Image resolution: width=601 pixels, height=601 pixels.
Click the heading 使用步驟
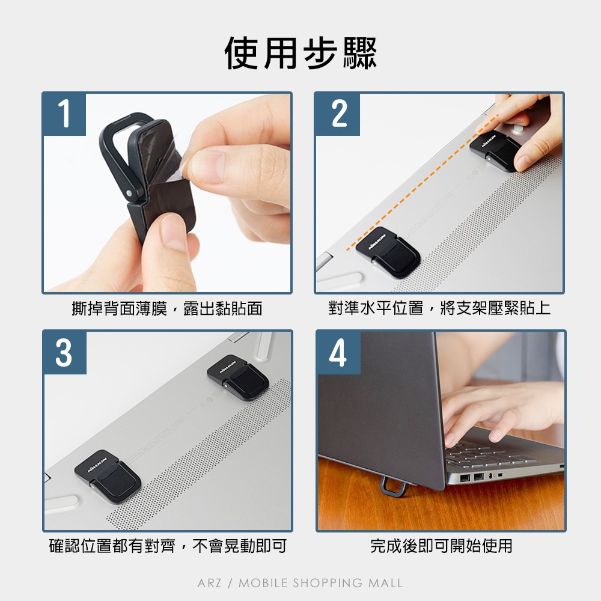coord(300,53)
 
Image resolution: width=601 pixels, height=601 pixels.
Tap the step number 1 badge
coord(64,114)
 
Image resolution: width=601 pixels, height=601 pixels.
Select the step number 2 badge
coord(338,114)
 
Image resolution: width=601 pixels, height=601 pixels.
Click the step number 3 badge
coord(64,353)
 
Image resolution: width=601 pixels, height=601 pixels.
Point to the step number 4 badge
coord(338,353)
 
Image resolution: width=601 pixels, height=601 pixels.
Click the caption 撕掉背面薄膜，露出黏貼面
coord(167,308)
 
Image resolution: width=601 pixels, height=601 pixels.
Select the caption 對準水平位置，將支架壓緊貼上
coord(439,308)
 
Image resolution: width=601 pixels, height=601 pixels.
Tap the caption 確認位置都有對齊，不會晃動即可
coord(168,546)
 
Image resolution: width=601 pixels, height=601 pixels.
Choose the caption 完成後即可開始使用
coord(441,546)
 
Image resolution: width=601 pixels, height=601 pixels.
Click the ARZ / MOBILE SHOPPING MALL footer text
coord(300,583)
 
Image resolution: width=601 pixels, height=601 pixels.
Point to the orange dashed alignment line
coord(422,183)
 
